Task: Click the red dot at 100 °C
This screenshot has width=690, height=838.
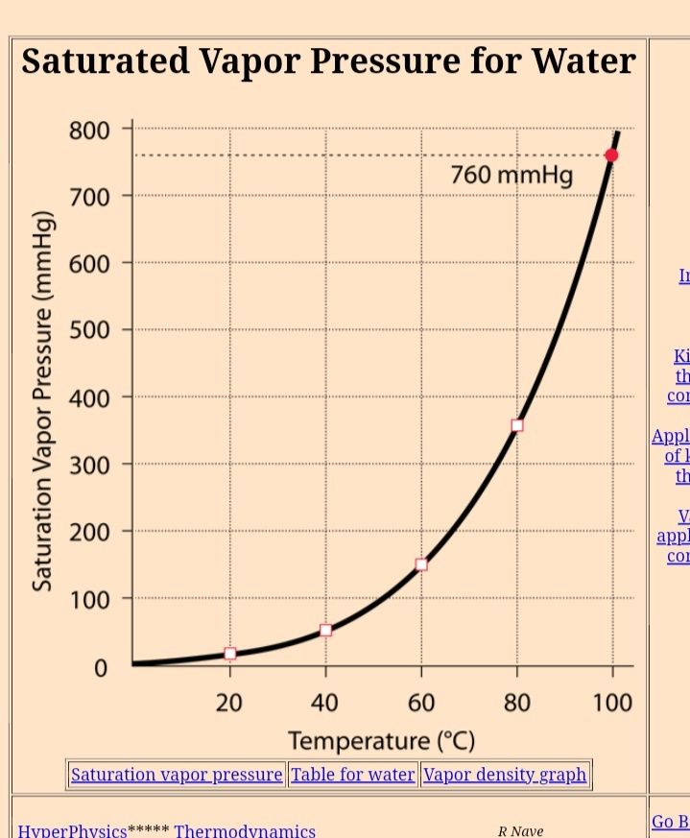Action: tap(611, 156)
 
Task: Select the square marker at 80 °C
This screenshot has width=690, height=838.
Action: tap(517, 425)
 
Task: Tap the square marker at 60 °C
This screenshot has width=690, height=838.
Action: tap(421, 564)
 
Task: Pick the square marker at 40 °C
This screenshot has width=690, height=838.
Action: tap(326, 630)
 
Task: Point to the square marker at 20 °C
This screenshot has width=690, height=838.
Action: tap(230, 654)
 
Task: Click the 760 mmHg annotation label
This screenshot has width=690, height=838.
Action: tap(512, 176)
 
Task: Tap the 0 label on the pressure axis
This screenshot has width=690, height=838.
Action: tap(100, 667)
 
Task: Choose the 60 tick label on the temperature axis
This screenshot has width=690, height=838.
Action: tap(421, 703)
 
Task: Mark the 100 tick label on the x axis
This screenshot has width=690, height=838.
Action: tap(611, 703)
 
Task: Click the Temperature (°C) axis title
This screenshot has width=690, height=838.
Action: tap(382, 741)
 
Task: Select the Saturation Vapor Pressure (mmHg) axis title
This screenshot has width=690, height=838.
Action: tap(43, 401)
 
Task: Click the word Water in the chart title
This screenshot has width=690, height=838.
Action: tap(585, 61)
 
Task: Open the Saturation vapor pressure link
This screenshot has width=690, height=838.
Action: tap(177, 775)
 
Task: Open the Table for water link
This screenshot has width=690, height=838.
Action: tap(353, 775)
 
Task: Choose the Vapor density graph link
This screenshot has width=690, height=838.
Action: tap(505, 775)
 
